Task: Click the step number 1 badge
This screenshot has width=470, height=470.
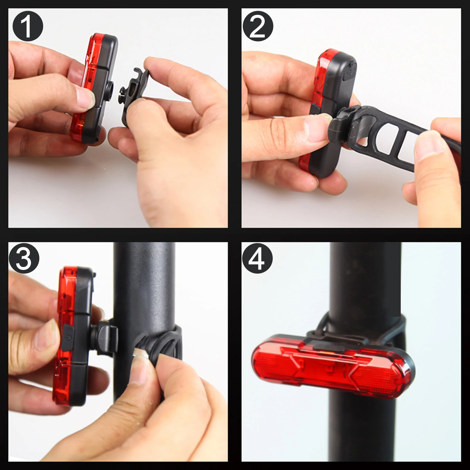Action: point(28,26)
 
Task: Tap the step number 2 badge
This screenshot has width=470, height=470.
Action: point(258,26)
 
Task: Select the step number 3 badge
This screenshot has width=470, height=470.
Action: point(24,258)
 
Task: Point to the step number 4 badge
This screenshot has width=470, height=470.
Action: point(257,258)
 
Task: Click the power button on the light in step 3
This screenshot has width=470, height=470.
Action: point(68,338)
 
